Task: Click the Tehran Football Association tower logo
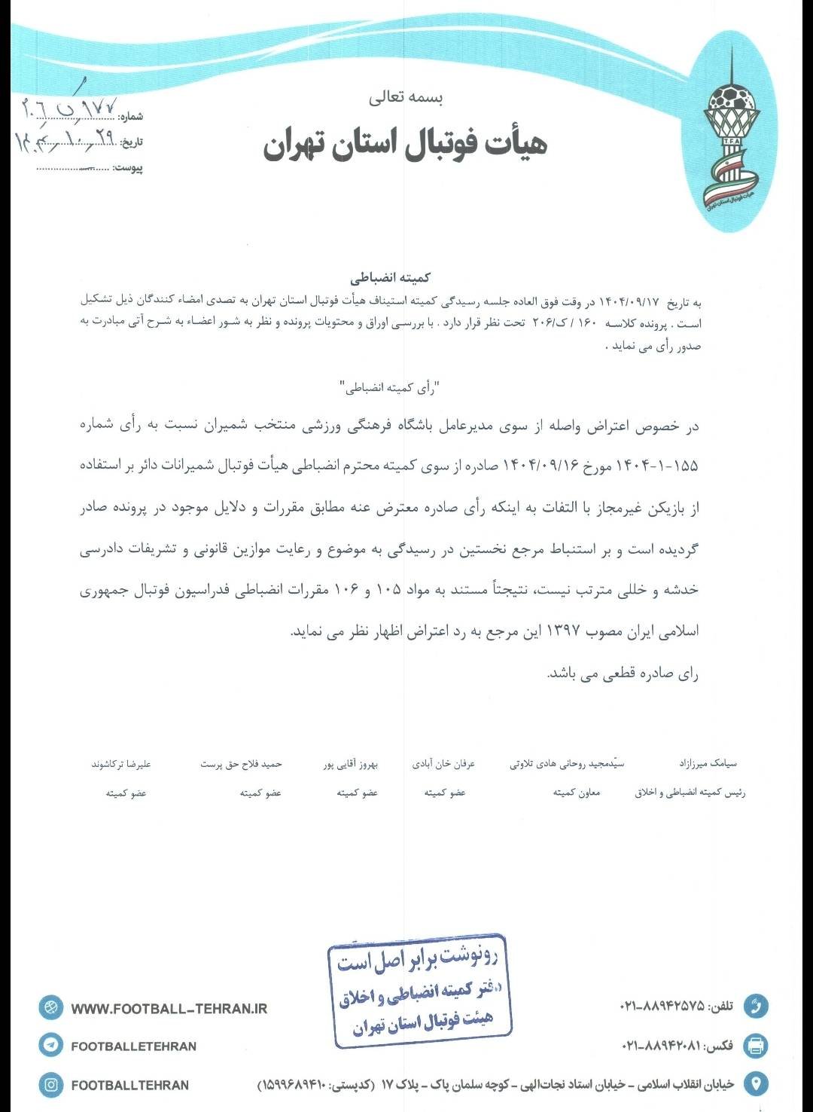coord(729,136)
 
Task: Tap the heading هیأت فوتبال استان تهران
coord(405,144)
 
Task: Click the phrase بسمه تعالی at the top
coord(406,97)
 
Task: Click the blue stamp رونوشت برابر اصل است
coord(419,991)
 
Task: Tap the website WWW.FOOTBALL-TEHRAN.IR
coord(169,1008)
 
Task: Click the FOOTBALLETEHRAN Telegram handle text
coord(133,1046)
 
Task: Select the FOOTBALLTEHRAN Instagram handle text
coord(129,1085)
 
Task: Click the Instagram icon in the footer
coord(51,1085)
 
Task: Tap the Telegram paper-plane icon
coord(51,1045)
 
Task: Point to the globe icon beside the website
coord(51,1007)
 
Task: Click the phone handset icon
coord(755,1006)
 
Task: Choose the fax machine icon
coord(755,1045)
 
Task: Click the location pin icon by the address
coord(755,1084)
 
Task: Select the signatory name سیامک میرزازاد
coord(708,763)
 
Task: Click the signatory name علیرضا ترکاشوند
coord(121,764)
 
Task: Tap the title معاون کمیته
coord(577,793)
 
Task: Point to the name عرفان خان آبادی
coord(443,764)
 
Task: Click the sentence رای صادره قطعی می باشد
coord(623,674)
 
